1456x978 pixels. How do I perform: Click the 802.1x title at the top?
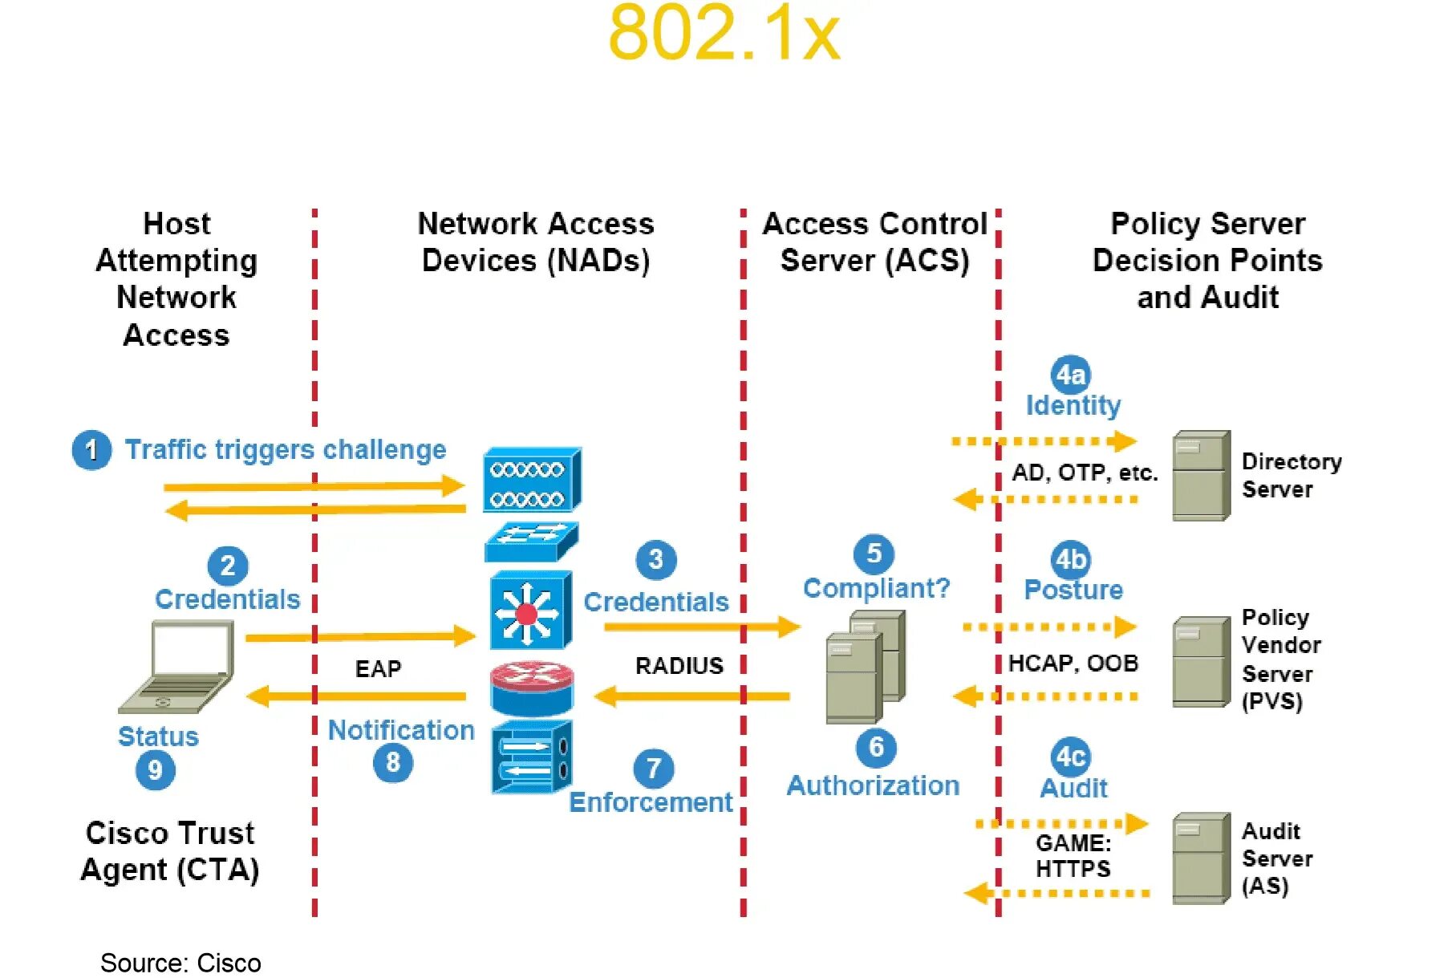point(724,33)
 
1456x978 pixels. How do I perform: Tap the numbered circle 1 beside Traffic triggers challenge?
point(91,449)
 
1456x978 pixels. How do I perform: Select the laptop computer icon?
point(178,666)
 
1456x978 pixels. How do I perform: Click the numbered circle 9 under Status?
point(155,770)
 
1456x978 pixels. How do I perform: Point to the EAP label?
point(378,668)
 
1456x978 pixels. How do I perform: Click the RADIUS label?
point(679,665)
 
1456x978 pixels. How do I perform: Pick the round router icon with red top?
point(532,688)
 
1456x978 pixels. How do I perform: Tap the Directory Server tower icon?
point(1201,475)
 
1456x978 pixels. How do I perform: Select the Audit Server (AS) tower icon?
point(1201,858)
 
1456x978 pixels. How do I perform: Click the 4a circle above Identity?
point(1070,374)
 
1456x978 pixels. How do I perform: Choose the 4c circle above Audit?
point(1070,757)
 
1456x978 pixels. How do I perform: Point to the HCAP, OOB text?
point(1073,663)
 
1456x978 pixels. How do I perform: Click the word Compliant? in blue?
point(876,588)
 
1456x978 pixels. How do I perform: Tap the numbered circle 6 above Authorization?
point(876,747)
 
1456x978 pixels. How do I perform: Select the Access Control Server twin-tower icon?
point(866,666)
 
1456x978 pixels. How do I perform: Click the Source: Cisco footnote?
point(180,962)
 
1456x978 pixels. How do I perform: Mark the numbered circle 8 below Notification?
point(392,761)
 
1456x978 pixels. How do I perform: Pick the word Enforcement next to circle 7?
point(650,801)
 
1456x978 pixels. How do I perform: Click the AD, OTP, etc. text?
point(1085,473)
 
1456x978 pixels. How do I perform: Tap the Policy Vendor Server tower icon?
point(1201,661)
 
